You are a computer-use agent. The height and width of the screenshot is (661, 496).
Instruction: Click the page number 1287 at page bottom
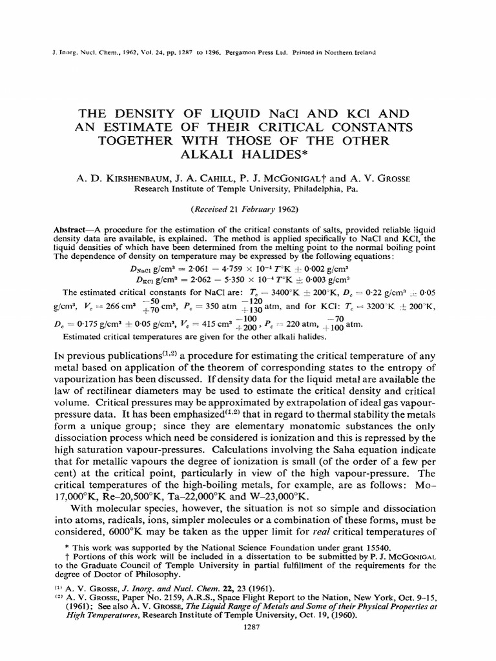point(249,625)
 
